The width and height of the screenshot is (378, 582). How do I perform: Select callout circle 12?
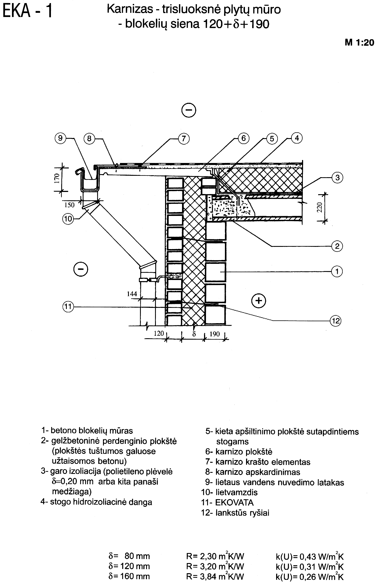336,321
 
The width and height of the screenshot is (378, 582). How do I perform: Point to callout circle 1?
337,271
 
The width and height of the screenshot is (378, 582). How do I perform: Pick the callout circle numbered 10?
68,219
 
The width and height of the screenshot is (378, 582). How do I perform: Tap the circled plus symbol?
259,300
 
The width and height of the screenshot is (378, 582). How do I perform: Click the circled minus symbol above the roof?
189,111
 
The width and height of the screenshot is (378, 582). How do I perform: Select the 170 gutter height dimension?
57,178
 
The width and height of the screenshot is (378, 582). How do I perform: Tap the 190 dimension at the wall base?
215,334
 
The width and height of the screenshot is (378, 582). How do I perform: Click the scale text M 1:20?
359,43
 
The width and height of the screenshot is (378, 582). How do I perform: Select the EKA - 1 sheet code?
27,11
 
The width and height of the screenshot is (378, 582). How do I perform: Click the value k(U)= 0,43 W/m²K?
310,556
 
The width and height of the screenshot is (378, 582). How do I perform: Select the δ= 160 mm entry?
129,576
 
